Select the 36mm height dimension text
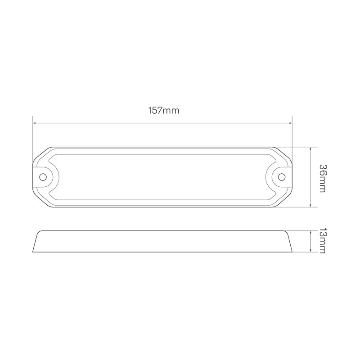click(322, 177)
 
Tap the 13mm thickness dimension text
click(322, 241)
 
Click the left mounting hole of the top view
click(43, 177)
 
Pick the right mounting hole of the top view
click(282, 177)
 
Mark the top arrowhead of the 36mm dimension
click(311, 149)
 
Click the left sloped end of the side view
click(36, 241)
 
